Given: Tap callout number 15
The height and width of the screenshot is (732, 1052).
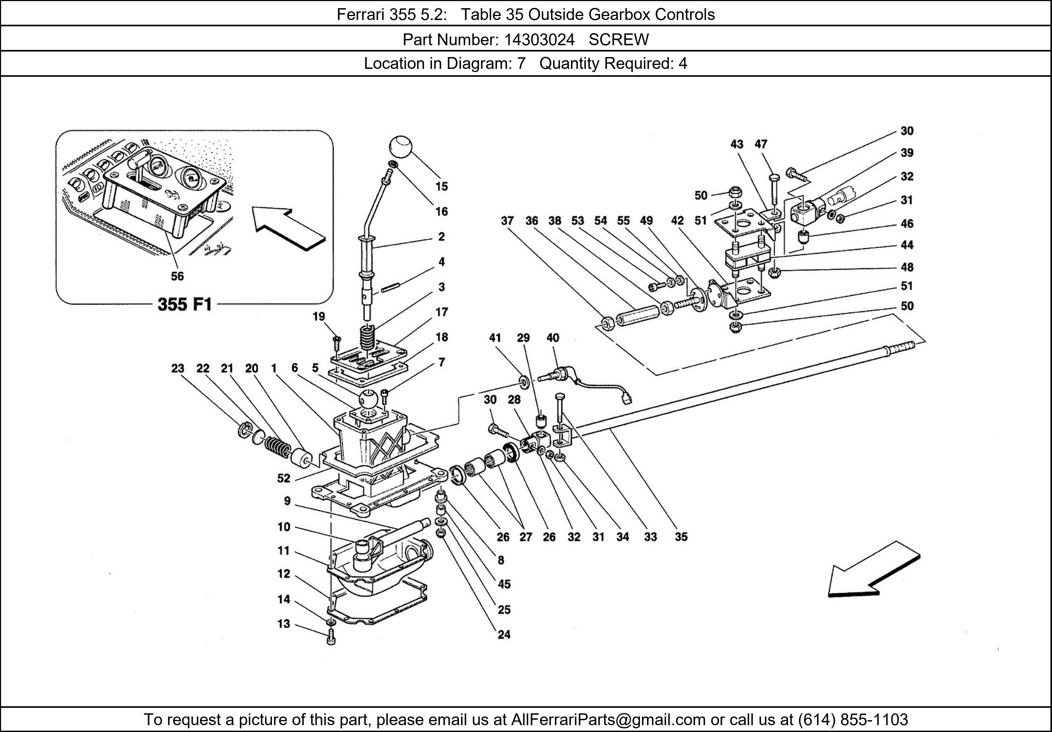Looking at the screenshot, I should pos(441,186).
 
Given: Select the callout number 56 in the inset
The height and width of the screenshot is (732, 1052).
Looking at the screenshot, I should pos(177,276).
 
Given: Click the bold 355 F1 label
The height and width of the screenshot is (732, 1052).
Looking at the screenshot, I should pos(185,305).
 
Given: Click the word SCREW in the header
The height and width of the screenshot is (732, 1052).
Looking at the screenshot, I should pos(619,40).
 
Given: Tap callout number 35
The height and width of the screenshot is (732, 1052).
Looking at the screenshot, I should pos(681,537).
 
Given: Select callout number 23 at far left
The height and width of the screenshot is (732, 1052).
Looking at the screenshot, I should pos(178,368).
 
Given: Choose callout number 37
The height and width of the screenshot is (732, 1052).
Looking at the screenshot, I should pos(507,221).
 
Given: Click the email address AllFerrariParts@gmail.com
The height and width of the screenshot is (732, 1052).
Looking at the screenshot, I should pos(608,720).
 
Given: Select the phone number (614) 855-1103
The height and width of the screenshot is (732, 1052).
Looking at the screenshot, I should pos(853,720).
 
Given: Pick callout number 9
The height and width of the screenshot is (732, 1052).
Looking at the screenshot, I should pos(287,501).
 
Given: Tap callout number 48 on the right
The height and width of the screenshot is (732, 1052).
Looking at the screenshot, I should pos(907,267).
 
